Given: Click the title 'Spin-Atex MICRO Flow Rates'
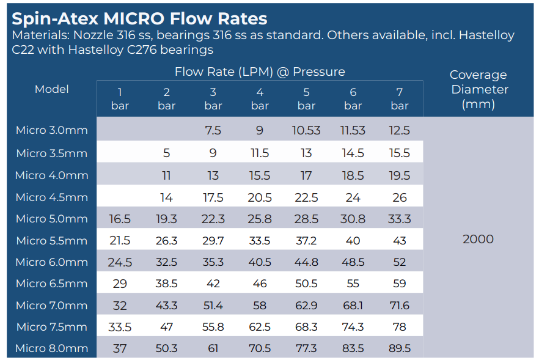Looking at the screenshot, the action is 139,18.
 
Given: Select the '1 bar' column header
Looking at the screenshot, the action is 120,98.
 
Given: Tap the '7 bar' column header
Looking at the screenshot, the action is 400,98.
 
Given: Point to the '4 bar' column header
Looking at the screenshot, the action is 260,98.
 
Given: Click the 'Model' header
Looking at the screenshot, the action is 51,89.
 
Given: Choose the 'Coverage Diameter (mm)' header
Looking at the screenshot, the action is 478,89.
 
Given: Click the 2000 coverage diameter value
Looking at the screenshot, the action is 478,239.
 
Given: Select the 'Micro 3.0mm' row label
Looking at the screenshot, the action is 51,130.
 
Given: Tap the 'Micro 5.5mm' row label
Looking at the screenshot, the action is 51,241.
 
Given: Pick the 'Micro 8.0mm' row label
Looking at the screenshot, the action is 51,348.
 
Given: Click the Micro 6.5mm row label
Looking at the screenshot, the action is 51,284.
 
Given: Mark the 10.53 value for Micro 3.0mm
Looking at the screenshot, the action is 306,130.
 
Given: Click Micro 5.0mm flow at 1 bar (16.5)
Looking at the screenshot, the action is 120,219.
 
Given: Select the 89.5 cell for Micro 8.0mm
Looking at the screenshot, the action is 400,348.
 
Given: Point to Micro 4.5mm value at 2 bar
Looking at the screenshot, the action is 166,197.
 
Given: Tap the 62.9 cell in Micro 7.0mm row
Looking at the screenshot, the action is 306,306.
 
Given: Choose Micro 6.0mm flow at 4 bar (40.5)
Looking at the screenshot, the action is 260,262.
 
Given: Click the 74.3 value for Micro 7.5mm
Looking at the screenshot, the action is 353,327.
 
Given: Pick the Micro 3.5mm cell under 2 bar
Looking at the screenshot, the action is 166,153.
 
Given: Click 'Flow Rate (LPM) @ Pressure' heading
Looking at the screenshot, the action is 260,72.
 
